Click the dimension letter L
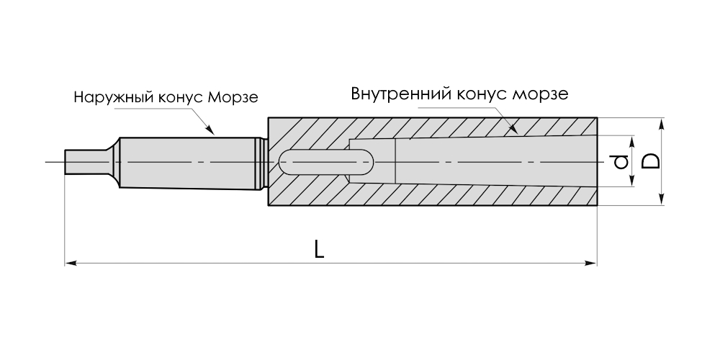[320, 250]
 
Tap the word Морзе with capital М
[232, 97]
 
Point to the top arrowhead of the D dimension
[662, 122]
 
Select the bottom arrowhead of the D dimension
[662, 201]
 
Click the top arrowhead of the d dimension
[631, 139]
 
